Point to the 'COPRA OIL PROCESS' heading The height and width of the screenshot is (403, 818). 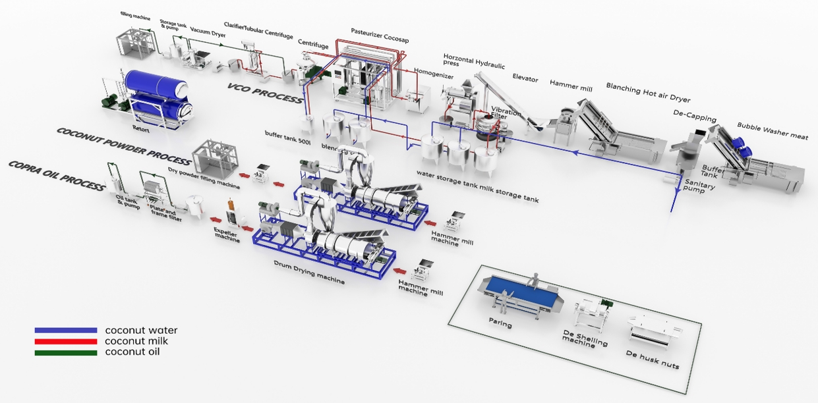pyautogui.click(x=57, y=175)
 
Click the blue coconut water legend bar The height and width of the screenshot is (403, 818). pyautogui.click(x=65, y=331)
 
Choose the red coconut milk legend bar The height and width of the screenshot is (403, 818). pyautogui.click(x=65, y=341)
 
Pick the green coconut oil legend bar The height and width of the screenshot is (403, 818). pyautogui.click(x=65, y=352)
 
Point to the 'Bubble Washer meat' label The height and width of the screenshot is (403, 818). pyautogui.click(x=772, y=130)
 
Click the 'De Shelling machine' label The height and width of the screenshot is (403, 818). pyautogui.click(x=584, y=340)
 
